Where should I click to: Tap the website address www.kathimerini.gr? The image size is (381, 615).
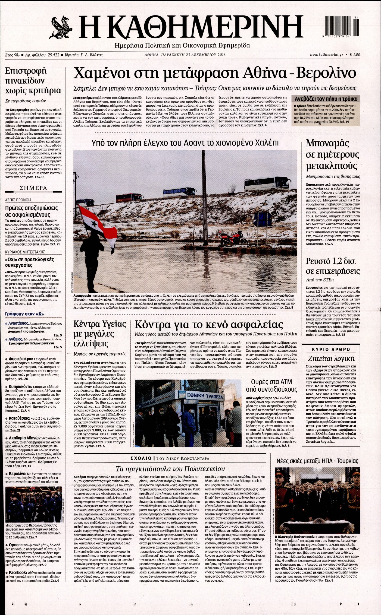326,55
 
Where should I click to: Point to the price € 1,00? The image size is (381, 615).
355,55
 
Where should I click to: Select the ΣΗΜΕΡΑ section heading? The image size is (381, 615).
34,188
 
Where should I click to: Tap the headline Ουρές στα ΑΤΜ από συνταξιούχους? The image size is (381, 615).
271,386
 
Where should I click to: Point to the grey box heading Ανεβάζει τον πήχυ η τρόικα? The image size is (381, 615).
326,99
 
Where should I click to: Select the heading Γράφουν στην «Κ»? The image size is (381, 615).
24,314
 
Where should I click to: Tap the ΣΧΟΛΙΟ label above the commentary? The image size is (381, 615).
141,458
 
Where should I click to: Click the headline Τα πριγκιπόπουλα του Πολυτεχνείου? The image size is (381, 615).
170,469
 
